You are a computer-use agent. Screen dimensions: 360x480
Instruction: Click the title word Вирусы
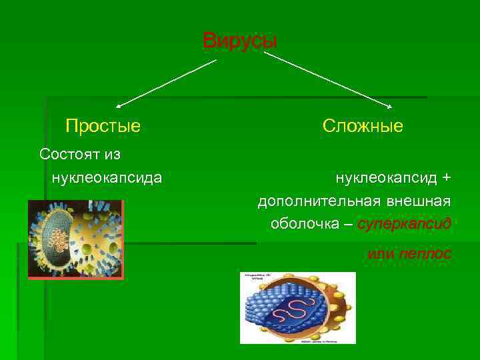(x=239, y=41)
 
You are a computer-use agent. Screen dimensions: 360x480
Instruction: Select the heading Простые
(x=103, y=126)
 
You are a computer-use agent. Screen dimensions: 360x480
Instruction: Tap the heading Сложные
(x=363, y=126)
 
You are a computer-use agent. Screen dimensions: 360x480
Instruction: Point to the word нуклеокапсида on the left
(x=106, y=178)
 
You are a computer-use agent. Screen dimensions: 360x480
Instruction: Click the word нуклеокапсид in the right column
(x=386, y=178)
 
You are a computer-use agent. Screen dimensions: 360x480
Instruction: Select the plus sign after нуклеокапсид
(x=446, y=178)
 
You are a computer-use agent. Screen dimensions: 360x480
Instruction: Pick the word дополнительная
(x=317, y=201)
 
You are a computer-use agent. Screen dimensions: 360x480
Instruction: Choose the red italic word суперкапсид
(x=404, y=223)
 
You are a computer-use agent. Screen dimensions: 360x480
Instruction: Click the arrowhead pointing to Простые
(x=119, y=105)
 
